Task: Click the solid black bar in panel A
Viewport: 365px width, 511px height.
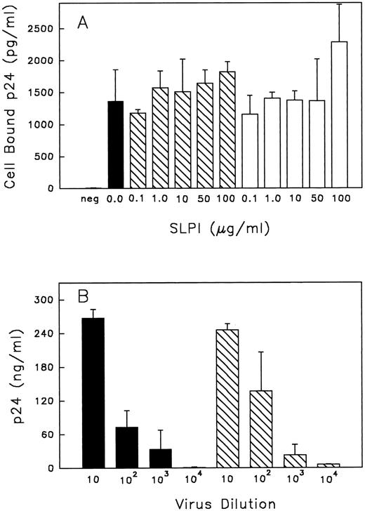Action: click(116, 145)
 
